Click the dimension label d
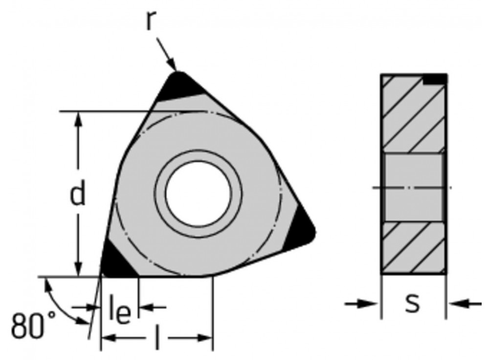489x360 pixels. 77,194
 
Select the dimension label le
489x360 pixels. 119,314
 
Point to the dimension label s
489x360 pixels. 413,303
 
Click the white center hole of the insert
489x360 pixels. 198,191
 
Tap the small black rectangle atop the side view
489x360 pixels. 435,79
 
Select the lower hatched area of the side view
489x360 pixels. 413,247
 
